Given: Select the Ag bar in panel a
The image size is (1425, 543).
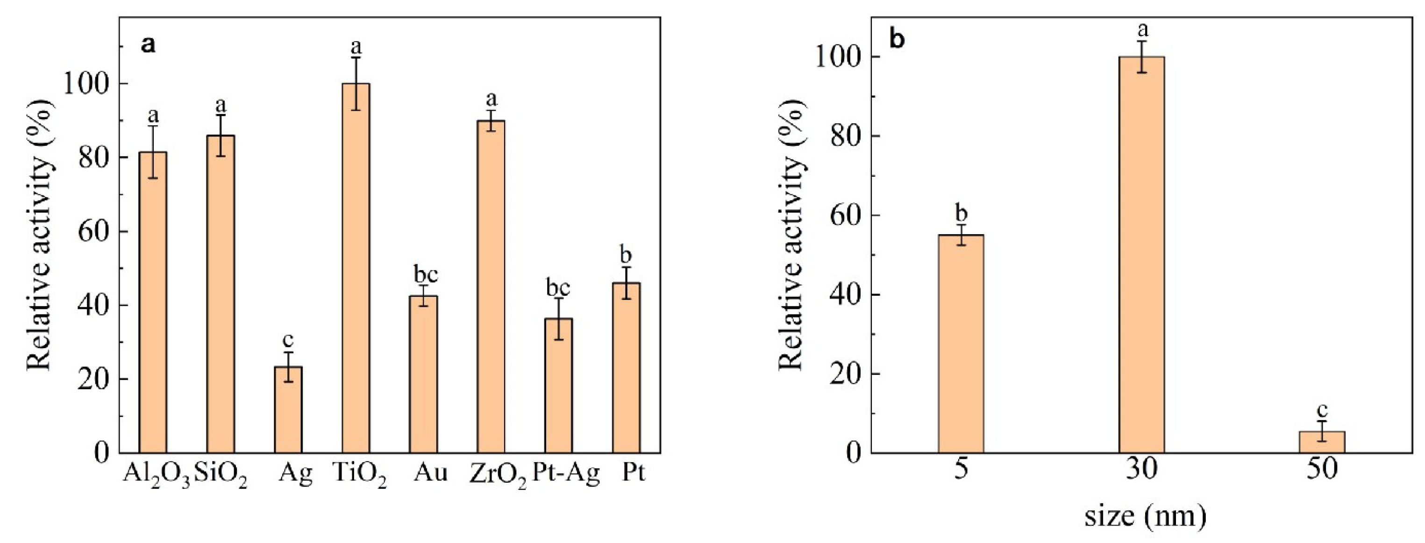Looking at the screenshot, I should click(x=288, y=410).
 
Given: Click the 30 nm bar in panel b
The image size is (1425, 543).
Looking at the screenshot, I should click(x=1142, y=255).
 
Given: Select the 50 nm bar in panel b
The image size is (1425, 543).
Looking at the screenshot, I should click(x=1322, y=442).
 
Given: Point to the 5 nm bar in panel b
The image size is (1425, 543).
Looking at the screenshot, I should click(x=961, y=344).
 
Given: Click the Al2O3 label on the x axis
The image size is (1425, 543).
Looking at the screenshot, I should click(x=157, y=475).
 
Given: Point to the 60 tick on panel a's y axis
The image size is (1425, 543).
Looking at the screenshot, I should click(x=93, y=231).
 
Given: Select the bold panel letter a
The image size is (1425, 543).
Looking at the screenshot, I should click(x=148, y=44).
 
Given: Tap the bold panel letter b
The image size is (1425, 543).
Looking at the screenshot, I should click(x=897, y=40).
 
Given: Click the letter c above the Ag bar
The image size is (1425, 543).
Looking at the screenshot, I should click(x=288, y=339).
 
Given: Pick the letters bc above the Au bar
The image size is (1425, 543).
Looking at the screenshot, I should click(x=426, y=274).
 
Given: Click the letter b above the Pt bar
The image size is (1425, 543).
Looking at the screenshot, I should click(x=626, y=255).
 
